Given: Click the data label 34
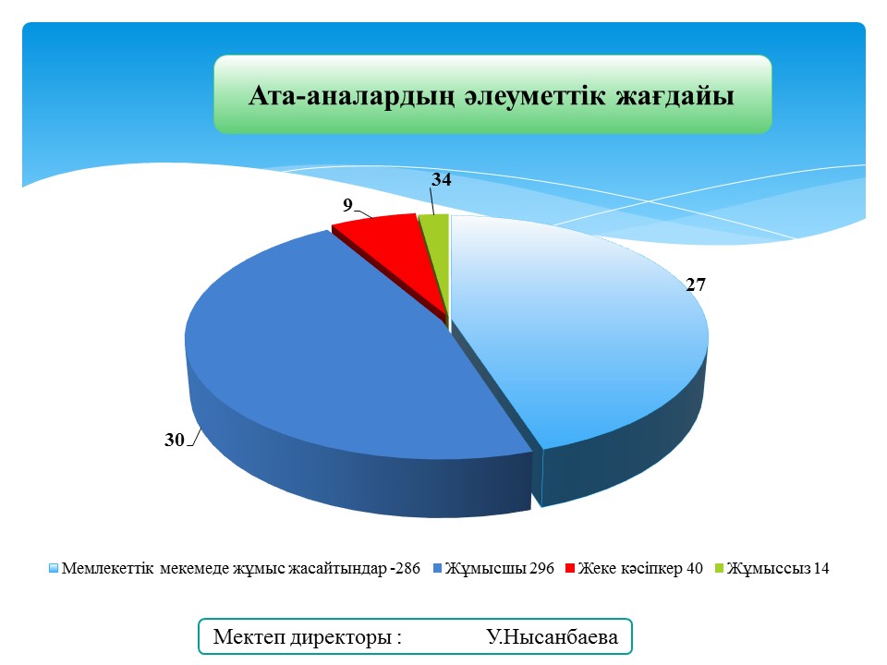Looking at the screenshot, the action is point(442,179).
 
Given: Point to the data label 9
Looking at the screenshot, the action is point(348,205).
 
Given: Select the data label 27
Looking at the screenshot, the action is point(696,284).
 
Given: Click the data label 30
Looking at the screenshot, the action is point(175,440).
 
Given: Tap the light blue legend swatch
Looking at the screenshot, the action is point(54,568).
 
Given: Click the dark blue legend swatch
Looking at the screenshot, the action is point(437,568).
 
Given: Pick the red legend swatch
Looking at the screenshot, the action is point(570,568).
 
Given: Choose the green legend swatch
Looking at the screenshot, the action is point(720,568).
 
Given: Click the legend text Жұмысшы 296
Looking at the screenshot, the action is point(500,568).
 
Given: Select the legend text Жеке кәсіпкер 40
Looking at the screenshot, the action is point(640,568).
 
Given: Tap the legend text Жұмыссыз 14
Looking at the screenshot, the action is point(778,568).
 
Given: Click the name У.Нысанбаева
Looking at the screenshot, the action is point(553,636).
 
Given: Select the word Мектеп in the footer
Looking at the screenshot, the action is point(249,636).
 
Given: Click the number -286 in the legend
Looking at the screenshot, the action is point(405,568).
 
